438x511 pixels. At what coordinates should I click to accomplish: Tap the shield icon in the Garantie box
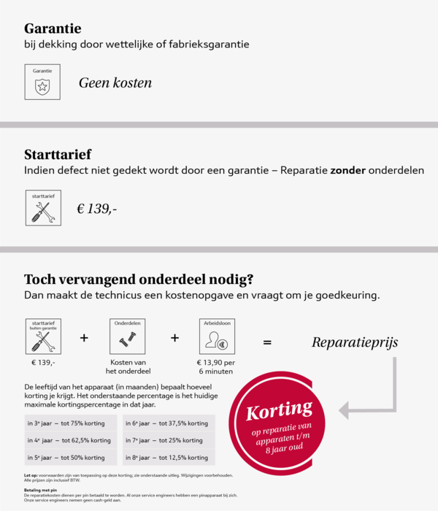point(42,87)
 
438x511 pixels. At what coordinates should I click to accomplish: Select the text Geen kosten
point(115,82)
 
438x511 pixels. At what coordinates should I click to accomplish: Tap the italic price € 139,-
point(97,210)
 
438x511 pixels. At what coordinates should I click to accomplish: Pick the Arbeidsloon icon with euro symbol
point(215,340)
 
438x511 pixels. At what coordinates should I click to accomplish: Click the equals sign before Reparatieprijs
point(267,342)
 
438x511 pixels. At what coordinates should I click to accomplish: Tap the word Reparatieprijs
point(355,342)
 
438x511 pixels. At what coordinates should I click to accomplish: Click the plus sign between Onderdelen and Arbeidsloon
point(174,338)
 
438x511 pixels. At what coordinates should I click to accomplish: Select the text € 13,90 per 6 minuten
point(215,367)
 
